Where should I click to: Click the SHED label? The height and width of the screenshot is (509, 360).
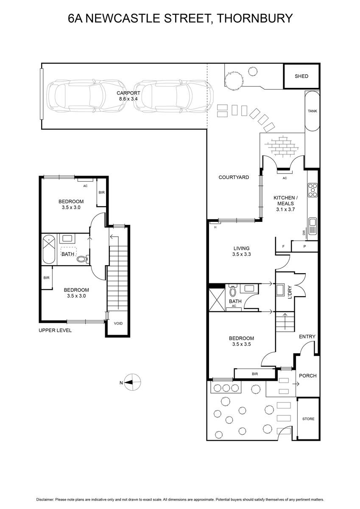click(x=301, y=76)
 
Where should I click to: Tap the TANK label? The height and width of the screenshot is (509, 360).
click(x=313, y=111)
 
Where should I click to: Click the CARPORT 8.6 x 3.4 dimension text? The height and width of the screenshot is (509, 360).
click(x=128, y=99)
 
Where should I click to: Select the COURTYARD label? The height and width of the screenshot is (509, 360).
click(x=234, y=177)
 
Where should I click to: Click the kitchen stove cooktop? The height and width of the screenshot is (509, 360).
click(x=313, y=190)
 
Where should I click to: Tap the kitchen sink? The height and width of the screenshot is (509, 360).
click(x=313, y=226)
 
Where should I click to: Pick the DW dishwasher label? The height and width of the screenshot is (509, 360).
click(x=304, y=232)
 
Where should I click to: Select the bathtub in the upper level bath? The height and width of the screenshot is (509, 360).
click(x=49, y=249)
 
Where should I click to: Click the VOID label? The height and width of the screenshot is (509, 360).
click(x=118, y=323)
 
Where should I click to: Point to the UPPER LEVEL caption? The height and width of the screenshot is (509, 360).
click(x=55, y=330)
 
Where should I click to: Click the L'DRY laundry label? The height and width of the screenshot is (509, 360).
click(x=289, y=292)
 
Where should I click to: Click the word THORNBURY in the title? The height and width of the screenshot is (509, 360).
click(x=254, y=18)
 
